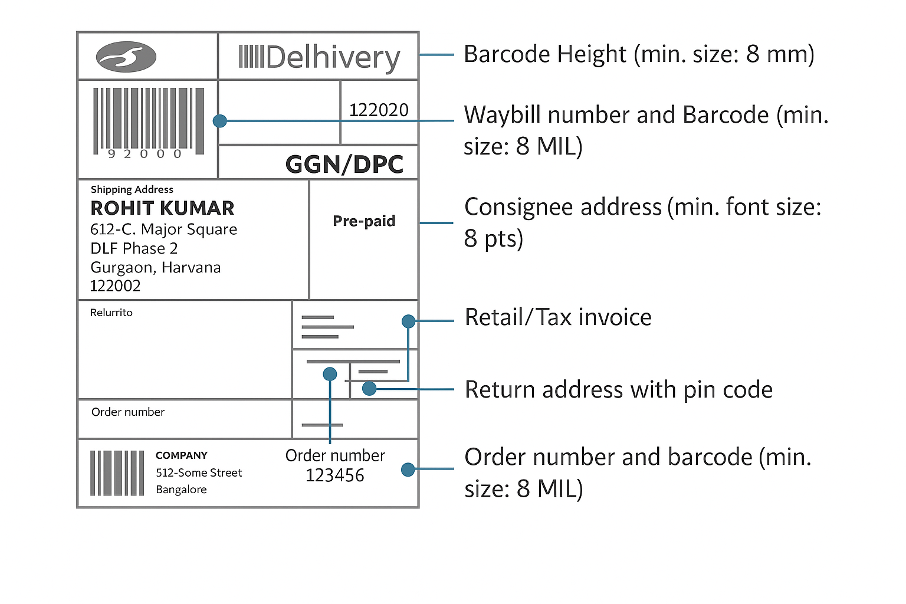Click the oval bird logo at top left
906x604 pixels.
[x=126, y=57]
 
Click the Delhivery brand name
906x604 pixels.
[x=319, y=58]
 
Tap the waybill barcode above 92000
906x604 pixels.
[x=149, y=117]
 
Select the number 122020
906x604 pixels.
[x=379, y=110]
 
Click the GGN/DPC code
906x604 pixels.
[x=344, y=165]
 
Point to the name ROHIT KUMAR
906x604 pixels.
[x=162, y=208]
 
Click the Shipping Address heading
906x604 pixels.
[x=132, y=189]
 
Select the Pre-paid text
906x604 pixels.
[x=364, y=221]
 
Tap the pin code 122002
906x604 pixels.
[x=115, y=286]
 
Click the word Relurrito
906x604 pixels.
[x=111, y=313]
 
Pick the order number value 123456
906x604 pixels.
[x=334, y=475]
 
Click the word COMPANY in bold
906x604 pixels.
[x=181, y=455]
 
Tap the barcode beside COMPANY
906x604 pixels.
[x=117, y=473]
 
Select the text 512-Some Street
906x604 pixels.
[x=199, y=472]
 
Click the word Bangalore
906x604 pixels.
[x=181, y=490]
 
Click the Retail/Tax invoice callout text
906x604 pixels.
[x=558, y=317]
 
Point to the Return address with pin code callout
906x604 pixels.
[x=618, y=390]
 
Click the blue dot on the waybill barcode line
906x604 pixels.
[x=220, y=121]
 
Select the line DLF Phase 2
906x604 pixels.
[x=134, y=248]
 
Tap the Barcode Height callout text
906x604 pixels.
[x=639, y=54]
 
